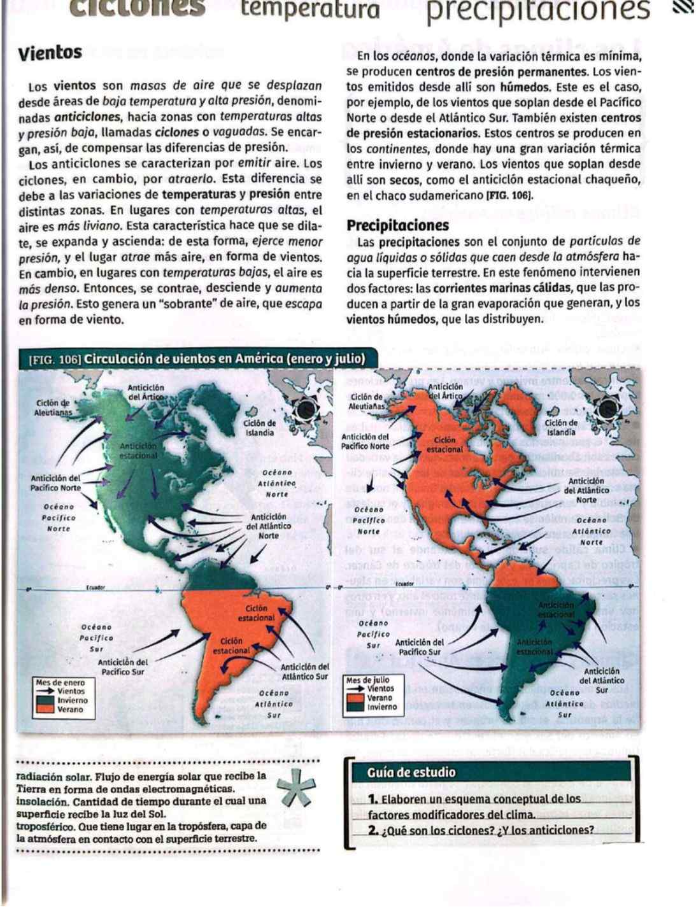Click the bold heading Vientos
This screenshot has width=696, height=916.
coord(50,52)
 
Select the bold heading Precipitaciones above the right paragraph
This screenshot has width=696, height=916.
coord(397,225)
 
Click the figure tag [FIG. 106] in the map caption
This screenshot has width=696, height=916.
coord(55,359)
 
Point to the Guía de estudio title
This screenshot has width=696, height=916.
coord(411,772)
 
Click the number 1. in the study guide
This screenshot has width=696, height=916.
coord(373,799)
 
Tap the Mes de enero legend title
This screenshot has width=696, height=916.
coord(60,682)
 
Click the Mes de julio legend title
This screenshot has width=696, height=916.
coord(367,680)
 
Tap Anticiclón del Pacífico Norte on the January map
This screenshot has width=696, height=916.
coord(56,483)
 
